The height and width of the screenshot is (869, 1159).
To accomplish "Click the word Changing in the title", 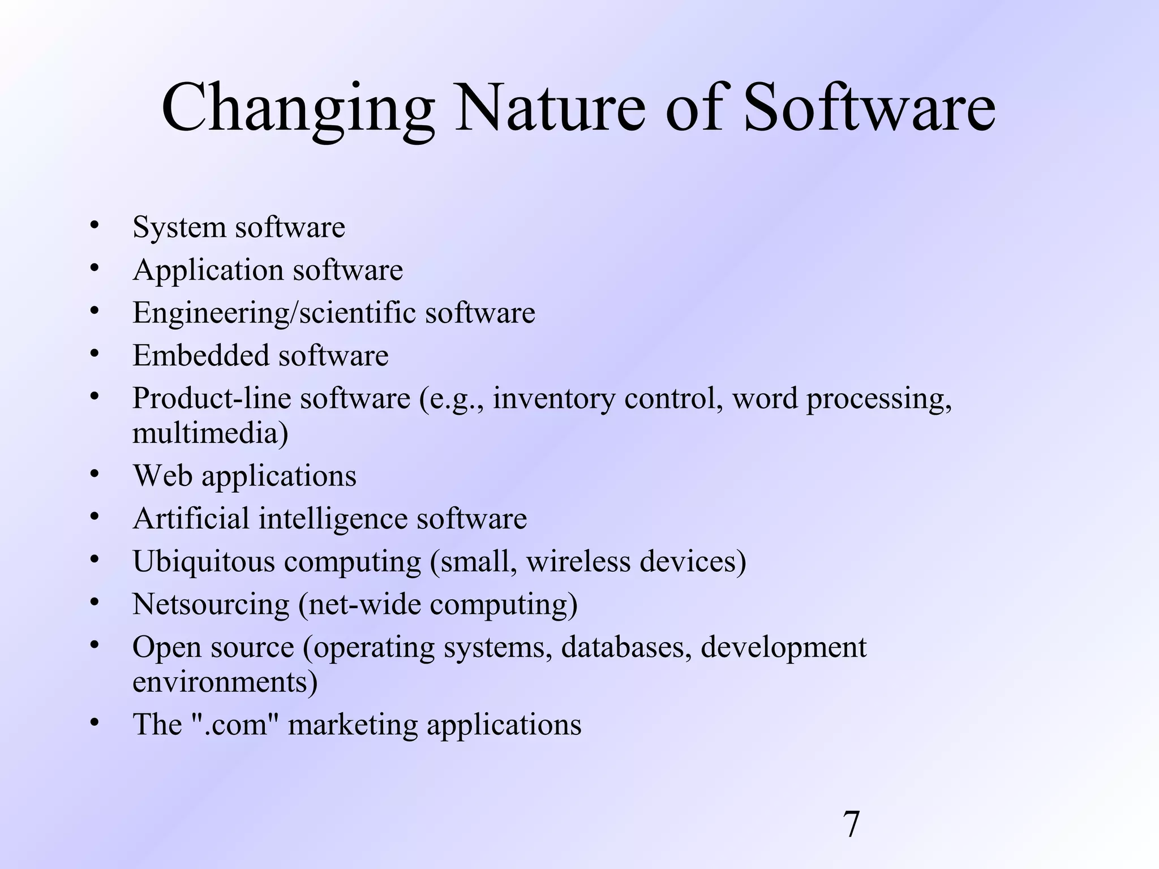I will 298,109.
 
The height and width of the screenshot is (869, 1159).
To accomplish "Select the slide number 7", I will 851,824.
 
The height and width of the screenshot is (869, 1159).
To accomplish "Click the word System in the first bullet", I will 179,227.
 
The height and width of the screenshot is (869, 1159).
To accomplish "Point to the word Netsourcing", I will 211,605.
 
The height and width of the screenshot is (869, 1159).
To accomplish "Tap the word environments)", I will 225,682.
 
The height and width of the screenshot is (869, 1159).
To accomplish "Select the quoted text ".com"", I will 235,725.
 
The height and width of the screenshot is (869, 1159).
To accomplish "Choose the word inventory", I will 553,399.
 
